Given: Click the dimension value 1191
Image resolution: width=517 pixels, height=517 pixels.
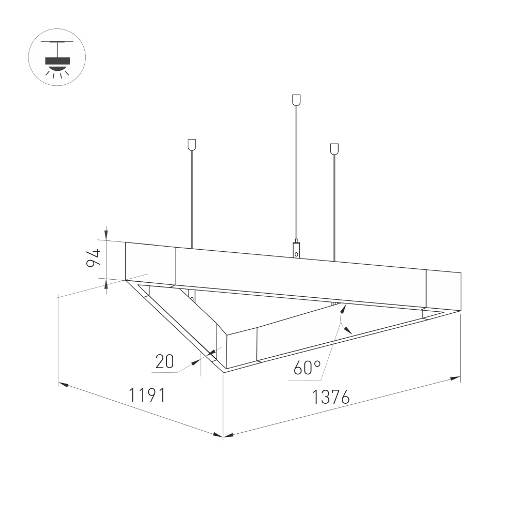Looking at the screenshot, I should pos(147,396).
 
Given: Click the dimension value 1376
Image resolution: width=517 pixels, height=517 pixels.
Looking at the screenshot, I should pos(331,397).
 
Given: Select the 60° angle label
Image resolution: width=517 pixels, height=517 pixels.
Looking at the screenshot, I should pos(307,368).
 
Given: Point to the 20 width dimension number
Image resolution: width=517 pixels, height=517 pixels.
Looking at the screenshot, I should pos(164,362).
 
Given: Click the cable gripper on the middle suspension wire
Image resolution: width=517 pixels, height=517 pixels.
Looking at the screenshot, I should pos(296,249).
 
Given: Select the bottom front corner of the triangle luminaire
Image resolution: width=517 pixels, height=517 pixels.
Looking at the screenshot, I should pos(224,371).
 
